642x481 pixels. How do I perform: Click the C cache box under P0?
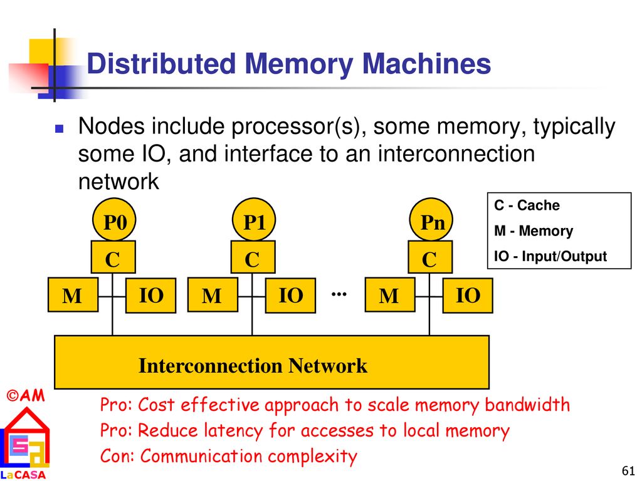113,257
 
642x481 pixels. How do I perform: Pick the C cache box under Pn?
430,257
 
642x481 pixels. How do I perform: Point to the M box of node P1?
213,295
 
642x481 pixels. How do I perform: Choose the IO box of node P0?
150,296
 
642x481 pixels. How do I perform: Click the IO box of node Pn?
468,296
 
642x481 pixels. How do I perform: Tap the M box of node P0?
73,295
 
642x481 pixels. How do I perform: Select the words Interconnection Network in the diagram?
253,366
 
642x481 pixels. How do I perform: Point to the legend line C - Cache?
527,205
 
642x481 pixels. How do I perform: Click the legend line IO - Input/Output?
550,256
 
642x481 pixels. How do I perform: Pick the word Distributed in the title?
161,64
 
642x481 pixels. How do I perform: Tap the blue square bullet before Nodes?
60,129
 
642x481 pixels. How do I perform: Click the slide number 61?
628,471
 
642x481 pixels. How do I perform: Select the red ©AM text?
25,396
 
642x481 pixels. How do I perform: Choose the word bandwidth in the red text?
527,405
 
